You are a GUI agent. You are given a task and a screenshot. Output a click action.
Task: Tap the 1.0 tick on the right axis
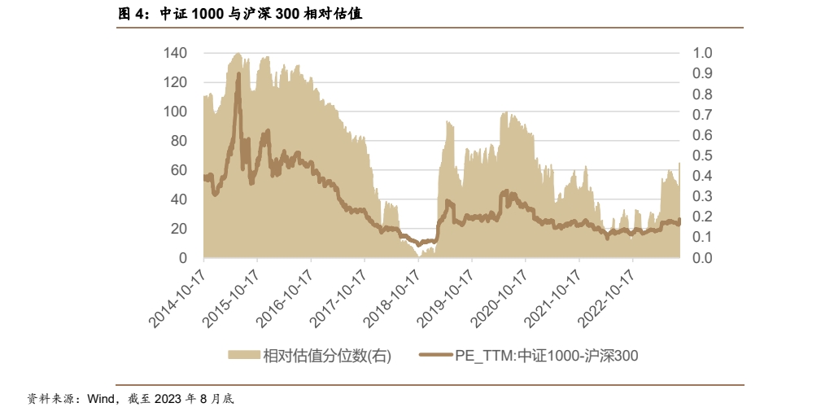click(702, 53)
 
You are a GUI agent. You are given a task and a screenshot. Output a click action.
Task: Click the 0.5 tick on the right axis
click(702, 155)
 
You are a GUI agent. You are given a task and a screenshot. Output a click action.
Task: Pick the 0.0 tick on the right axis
click(702, 258)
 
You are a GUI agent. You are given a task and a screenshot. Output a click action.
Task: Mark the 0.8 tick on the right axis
click(702, 94)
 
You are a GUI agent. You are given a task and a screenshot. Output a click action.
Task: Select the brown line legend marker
click(435, 355)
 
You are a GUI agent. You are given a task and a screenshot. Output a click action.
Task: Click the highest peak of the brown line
click(238, 74)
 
